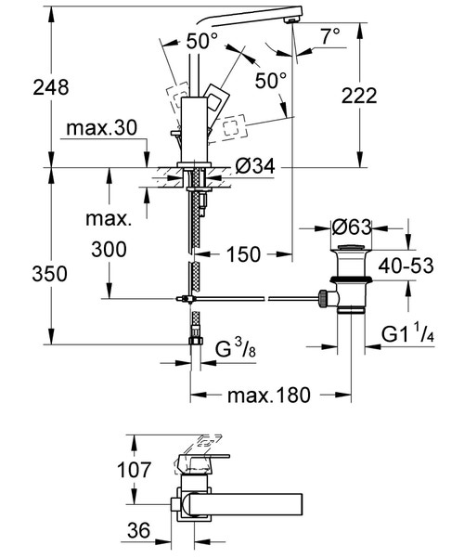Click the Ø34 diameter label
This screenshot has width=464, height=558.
tap(254, 166)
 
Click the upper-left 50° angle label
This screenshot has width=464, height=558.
tap(200, 41)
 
